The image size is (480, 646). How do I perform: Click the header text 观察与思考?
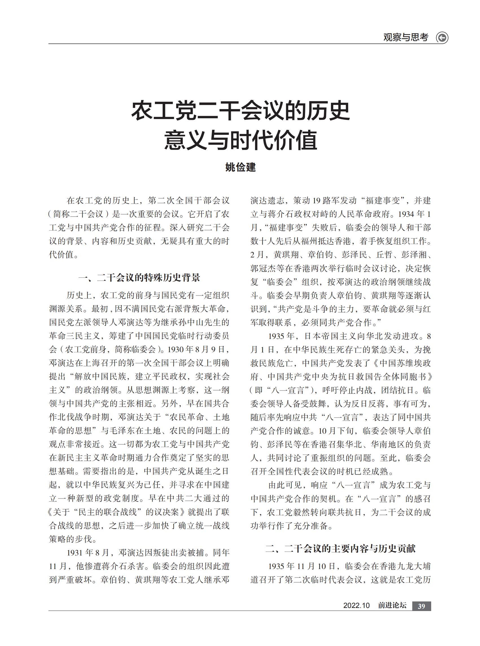(x=406, y=38)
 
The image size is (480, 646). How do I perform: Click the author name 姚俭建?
(x=240, y=167)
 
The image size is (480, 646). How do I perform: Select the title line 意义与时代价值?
(x=240, y=140)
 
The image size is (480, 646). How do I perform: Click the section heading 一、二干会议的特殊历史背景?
(x=139, y=278)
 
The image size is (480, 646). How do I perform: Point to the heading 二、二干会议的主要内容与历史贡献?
(x=341, y=548)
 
